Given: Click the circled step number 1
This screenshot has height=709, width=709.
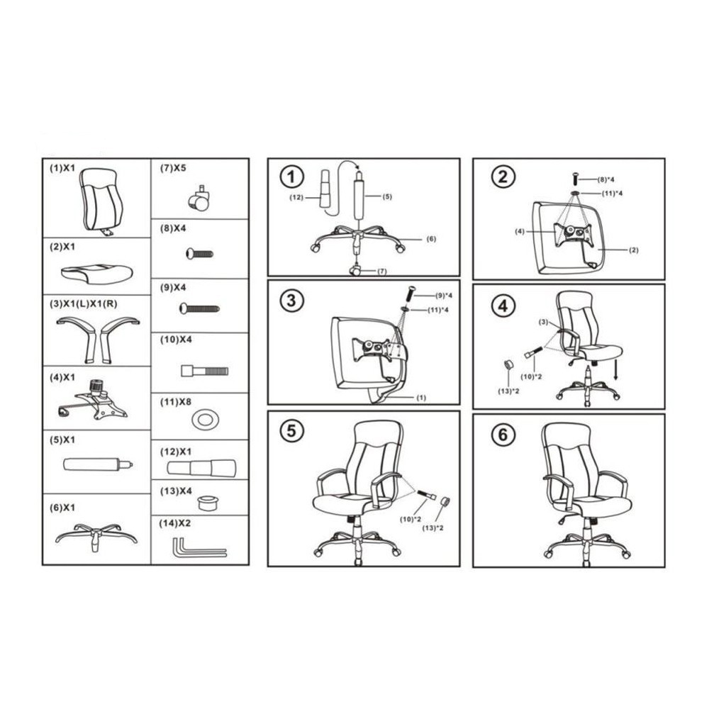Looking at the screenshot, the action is click(291, 177).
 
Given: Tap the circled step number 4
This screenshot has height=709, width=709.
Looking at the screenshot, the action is click(503, 306).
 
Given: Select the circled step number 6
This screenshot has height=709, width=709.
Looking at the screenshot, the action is click(503, 435).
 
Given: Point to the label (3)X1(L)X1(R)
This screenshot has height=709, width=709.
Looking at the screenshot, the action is click(83, 304).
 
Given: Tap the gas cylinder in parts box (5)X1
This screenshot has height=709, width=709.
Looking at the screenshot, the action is click(98, 464).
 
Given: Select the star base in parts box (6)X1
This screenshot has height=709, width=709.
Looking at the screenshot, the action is click(96, 537).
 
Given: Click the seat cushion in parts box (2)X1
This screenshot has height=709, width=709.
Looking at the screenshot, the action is click(96, 274).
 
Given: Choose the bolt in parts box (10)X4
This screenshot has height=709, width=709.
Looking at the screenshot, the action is click(204, 372).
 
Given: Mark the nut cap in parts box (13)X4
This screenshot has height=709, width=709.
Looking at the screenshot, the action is click(208, 503).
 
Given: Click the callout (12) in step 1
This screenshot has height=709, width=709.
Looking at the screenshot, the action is click(296, 197).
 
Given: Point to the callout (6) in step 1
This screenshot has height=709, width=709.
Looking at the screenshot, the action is click(431, 239).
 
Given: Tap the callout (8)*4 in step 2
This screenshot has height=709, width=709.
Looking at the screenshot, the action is click(606, 179).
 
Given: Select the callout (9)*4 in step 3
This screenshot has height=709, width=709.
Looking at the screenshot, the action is click(444, 296).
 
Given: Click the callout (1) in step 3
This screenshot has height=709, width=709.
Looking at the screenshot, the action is click(421, 398).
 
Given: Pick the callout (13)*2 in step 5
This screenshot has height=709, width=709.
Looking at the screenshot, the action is click(432, 527).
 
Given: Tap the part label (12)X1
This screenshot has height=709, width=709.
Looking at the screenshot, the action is click(176, 452).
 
